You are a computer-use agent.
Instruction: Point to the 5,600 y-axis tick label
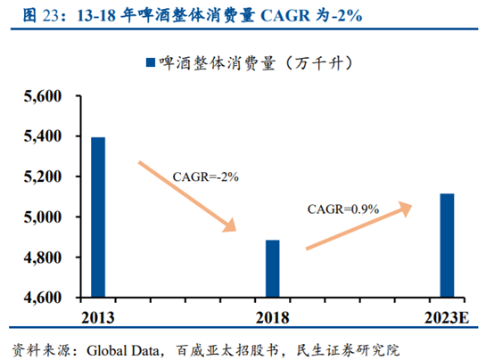click(x=39, y=96)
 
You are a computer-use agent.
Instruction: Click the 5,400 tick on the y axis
click(x=39, y=137)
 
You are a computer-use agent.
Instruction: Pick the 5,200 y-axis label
click(x=39, y=177)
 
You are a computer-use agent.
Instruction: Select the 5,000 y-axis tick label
click(x=39, y=217)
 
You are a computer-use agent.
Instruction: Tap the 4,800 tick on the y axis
click(x=39, y=258)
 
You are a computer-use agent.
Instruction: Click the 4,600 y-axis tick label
click(x=39, y=298)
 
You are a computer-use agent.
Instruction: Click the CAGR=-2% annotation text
click(x=206, y=177)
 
